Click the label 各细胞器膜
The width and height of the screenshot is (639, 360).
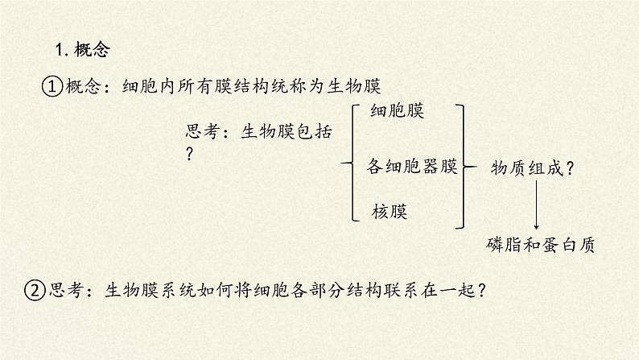tap(411, 167)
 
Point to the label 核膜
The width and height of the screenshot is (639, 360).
tap(390, 212)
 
